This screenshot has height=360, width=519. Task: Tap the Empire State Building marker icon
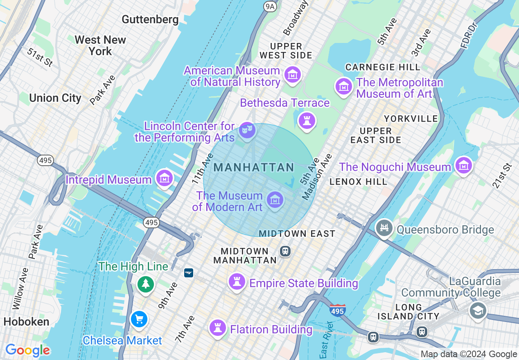[x=237, y=282]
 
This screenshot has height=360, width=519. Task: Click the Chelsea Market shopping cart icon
[x=139, y=319]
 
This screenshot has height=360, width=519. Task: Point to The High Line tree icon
[x=146, y=283]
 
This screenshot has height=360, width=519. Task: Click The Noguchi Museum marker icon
[x=463, y=166]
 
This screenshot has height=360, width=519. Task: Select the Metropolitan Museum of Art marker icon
[x=344, y=86]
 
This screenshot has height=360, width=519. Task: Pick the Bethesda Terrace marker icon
[x=307, y=120]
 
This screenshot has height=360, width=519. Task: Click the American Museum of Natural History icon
[x=293, y=75]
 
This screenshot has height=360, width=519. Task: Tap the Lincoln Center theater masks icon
[x=247, y=130]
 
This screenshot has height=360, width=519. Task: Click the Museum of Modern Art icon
[x=275, y=200]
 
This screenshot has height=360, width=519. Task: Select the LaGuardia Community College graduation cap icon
[x=477, y=310]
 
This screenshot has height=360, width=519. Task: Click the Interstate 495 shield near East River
[x=337, y=310]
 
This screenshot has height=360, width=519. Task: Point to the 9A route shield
[x=270, y=6]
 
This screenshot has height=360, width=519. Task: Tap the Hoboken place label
[x=27, y=322]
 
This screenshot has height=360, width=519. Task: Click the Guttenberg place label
[x=150, y=19]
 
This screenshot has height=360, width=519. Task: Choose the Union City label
[x=55, y=98]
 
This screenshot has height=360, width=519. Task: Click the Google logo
[x=27, y=350]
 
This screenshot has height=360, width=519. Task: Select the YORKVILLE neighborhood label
[x=411, y=119]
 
